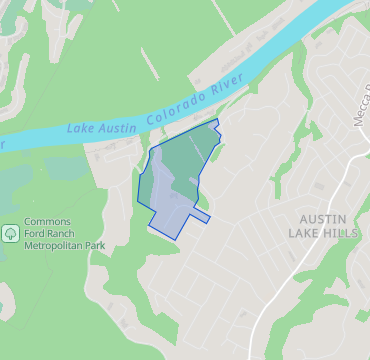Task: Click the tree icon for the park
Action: (10, 232)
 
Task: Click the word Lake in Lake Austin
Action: (82, 128)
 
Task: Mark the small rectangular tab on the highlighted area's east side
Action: (201, 217)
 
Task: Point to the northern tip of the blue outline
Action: (215, 120)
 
